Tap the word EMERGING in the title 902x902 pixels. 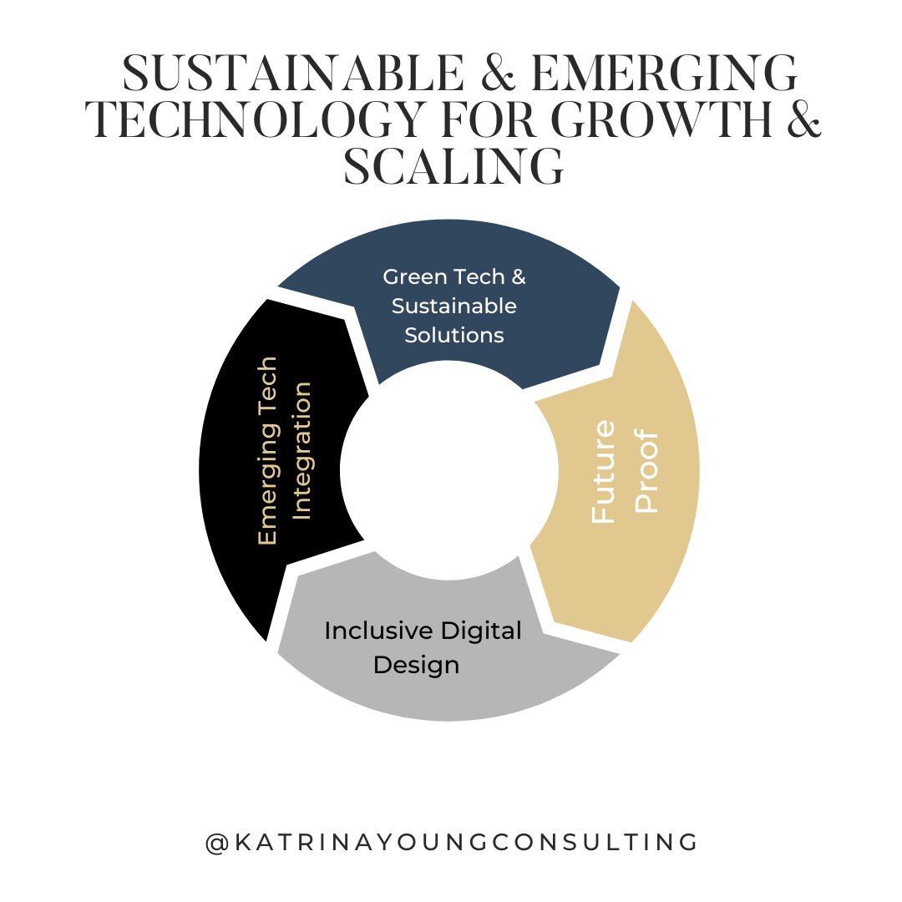click(665, 74)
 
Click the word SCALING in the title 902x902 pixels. click(454, 168)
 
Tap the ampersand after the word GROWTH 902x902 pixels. click(798, 121)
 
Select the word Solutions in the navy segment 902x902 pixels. click(454, 335)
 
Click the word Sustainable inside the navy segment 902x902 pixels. click(454, 306)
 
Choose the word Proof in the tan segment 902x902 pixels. click(647, 472)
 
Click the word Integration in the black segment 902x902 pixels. click(302, 451)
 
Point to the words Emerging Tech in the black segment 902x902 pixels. click(267, 451)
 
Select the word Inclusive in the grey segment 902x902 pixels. click(364, 631)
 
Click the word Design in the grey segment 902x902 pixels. click(416, 665)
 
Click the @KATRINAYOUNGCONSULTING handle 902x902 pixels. click(452, 842)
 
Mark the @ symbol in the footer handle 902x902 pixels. click(215, 842)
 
